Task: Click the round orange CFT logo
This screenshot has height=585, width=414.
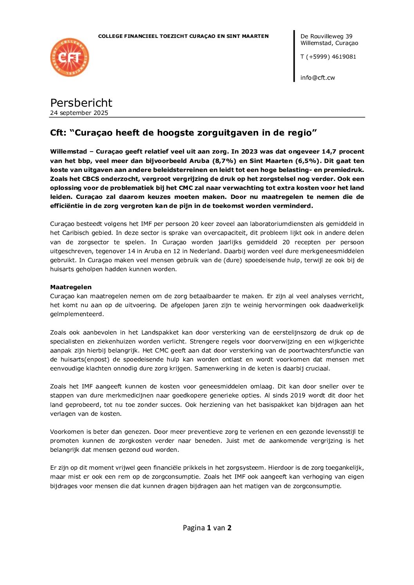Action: [x=70, y=57]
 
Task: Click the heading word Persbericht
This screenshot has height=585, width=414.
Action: [x=81, y=103]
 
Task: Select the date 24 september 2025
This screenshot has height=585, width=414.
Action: [x=79, y=113]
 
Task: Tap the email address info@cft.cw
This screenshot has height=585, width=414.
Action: [x=318, y=78]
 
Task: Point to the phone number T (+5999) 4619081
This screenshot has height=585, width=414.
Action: [x=328, y=57]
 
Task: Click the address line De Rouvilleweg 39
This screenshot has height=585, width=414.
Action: [x=326, y=36]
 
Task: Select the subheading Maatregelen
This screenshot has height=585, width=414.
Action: [x=71, y=287]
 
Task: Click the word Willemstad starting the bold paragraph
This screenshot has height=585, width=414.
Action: [x=68, y=152]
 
